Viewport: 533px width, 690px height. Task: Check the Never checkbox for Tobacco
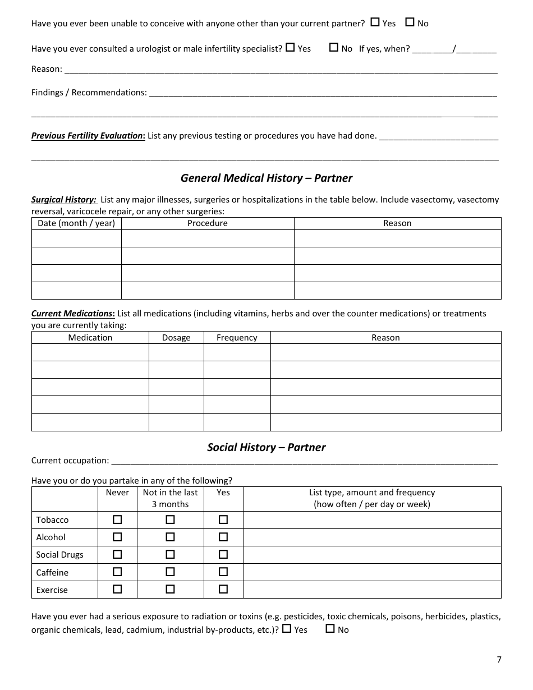(117, 519)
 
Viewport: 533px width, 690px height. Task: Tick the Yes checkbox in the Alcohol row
(223, 537)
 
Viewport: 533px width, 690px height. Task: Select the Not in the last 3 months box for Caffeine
(170, 572)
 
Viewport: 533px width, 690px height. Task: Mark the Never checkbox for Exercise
(117, 589)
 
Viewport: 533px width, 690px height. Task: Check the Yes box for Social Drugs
(223, 554)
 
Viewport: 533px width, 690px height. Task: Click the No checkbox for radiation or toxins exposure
(330, 628)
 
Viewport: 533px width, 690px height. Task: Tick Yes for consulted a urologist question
(290, 48)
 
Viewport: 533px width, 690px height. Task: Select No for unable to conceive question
(410, 22)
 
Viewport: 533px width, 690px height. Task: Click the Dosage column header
(176, 338)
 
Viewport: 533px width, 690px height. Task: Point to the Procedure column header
(208, 223)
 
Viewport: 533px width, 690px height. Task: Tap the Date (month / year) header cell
(76, 223)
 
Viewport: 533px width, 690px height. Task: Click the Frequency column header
(237, 338)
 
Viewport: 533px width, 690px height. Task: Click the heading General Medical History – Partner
(266, 178)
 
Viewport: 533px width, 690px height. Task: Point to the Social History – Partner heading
(266, 447)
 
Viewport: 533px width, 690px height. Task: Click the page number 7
(499, 659)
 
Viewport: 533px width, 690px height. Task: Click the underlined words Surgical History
(63, 200)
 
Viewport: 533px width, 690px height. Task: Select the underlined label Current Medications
(72, 314)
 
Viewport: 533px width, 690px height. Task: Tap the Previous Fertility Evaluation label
(88, 136)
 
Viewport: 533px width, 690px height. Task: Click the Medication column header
(90, 338)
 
